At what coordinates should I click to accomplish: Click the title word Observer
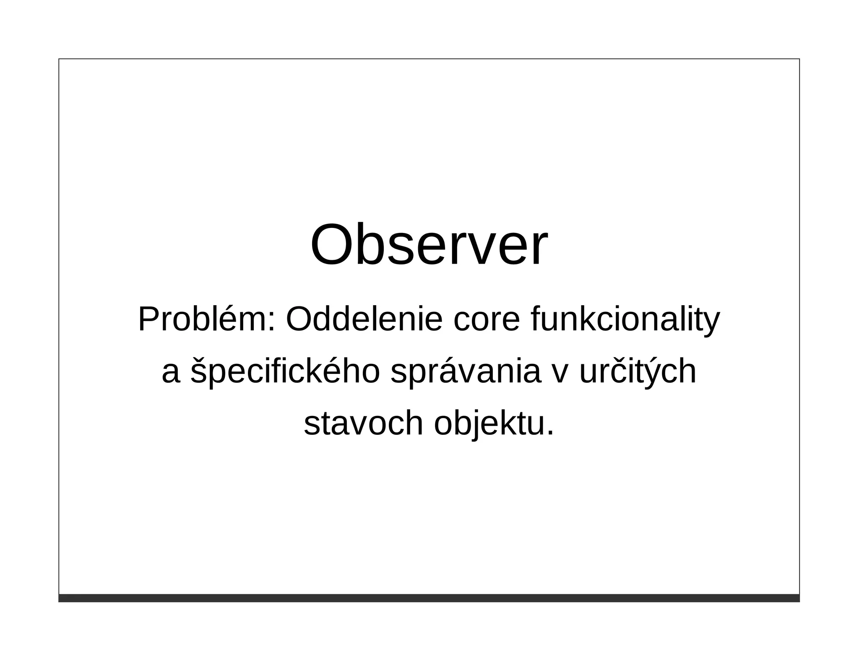[x=429, y=245]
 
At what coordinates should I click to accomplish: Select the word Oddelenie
[x=364, y=319]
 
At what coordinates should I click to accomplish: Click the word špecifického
[x=285, y=372]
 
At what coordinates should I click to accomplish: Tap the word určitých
[x=638, y=372]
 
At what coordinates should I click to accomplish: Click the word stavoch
[x=363, y=423]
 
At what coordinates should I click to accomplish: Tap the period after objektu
[x=550, y=434]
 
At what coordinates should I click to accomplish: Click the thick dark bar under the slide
[x=429, y=598]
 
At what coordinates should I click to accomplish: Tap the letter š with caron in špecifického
[x=198, y=370]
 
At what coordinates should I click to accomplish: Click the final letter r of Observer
[x=540, y=251]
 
